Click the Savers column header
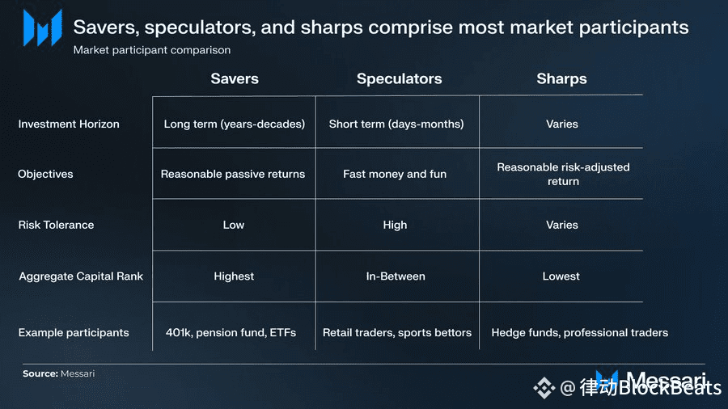coord(235,79)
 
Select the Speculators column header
coord(400,79)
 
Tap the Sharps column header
coord(562,79)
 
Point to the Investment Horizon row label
coord(69,124)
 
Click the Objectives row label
coord(45,174)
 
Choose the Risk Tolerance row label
coord(56,225)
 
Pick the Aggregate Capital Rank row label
coord(81,276)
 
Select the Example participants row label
coord(74,332)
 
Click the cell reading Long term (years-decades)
coord(235,124)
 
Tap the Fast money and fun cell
coord(395,174)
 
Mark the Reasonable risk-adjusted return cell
coord(563,174)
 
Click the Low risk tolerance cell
coord(234,225)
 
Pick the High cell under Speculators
coord(395,225)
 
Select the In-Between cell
coord(396,276)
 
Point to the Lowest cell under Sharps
coord(561,276)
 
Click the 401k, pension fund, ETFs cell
coord(231,332)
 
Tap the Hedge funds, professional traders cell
coord(580,332)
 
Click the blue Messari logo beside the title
coord(43,28)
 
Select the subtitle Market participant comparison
coord(152,50)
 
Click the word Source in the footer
coord(40,373)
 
